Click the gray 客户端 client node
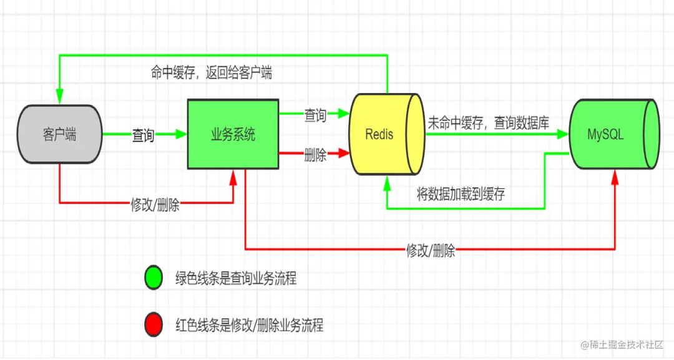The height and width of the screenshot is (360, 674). pos(59,134)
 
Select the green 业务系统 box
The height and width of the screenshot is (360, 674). pos(233,134)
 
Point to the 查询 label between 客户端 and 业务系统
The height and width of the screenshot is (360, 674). pos(143,135)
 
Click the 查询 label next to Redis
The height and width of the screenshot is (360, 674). pos(315,115)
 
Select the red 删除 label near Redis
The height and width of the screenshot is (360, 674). pos(315,155)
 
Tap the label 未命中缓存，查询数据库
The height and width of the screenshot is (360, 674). pos(488,123)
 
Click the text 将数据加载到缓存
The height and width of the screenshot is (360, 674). pos(461,194)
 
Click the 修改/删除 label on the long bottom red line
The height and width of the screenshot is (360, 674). pos(431,251)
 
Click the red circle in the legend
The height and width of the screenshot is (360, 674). pos(154,325)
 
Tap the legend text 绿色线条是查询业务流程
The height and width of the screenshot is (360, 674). pos(236,278)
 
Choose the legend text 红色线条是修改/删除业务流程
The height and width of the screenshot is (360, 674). pos(250,325)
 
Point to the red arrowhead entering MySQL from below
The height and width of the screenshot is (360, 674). pos(615,177)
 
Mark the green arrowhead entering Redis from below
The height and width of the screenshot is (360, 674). pos(387,182)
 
